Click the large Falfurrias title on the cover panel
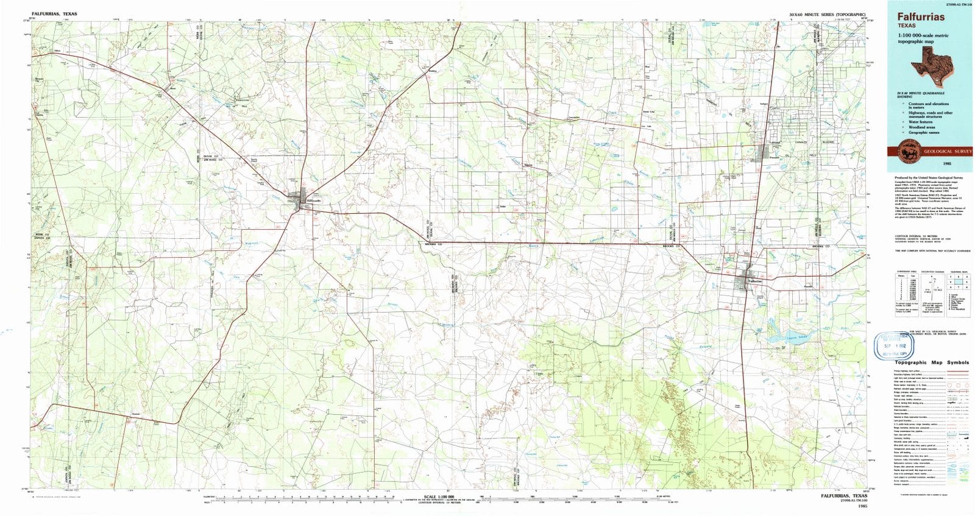click(920, 17)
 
